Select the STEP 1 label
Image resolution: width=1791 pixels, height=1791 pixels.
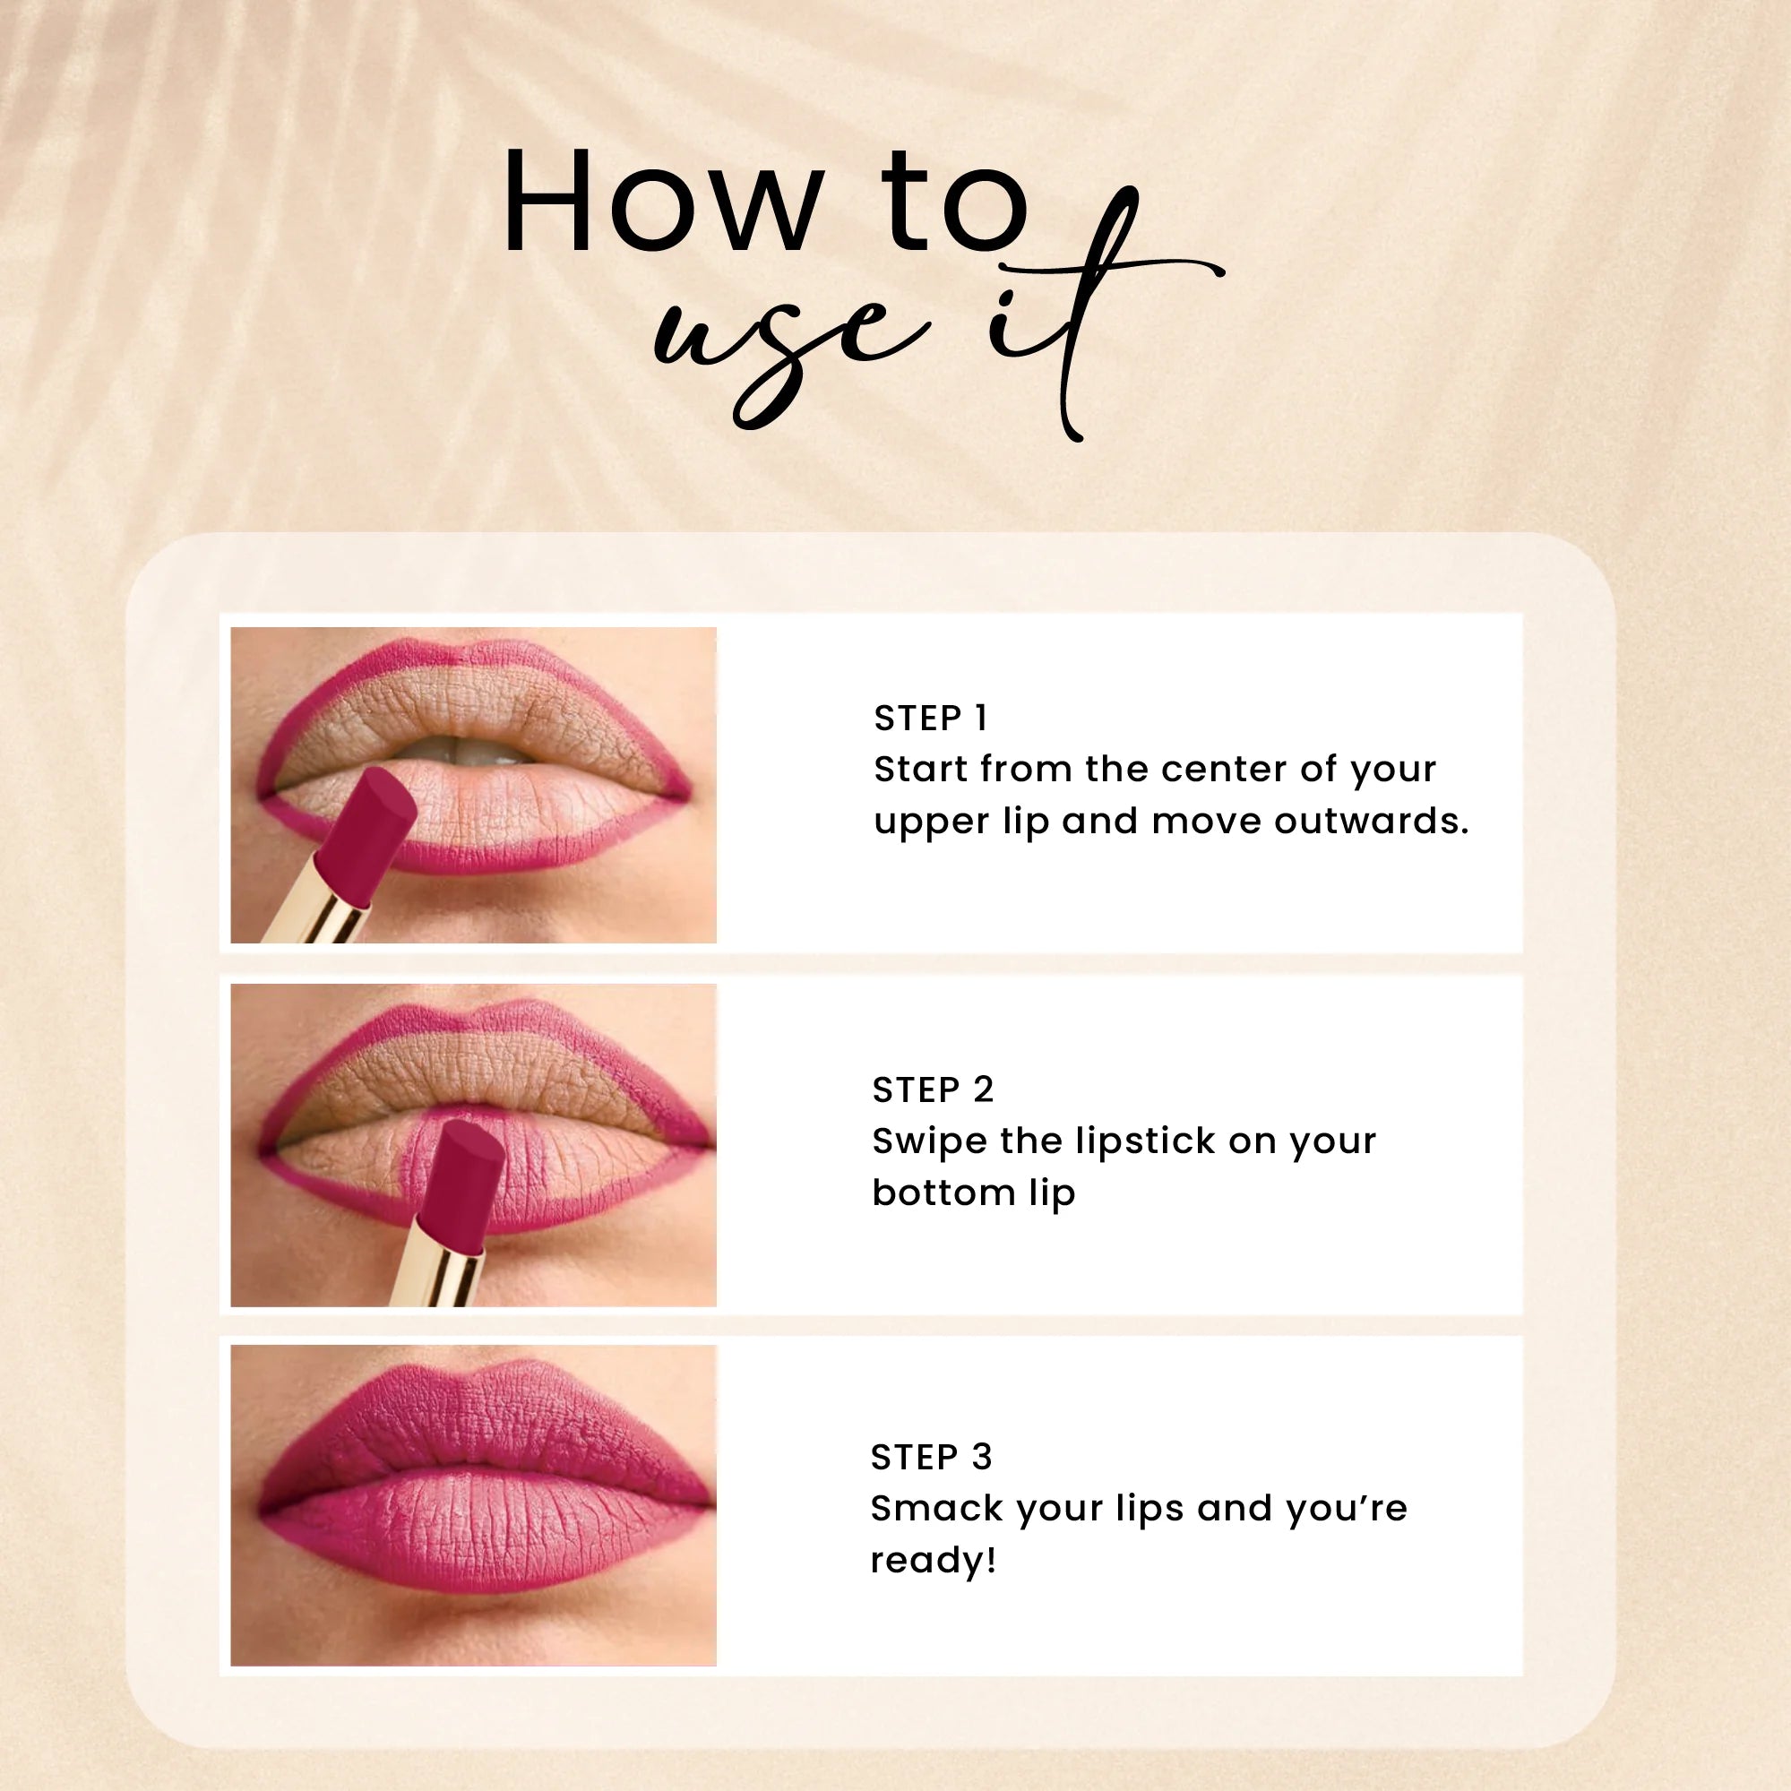click(x=931, y=719)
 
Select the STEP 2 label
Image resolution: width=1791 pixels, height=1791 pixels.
click(x=933, y=1090)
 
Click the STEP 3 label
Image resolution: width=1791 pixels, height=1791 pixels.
click(x=931, y=1458)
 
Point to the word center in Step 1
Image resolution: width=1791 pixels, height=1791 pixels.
click(x=1221, y=770)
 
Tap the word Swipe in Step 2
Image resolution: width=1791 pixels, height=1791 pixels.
click(x=928, y=1142)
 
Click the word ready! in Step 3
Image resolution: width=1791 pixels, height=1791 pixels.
click(x=933, y=1561)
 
